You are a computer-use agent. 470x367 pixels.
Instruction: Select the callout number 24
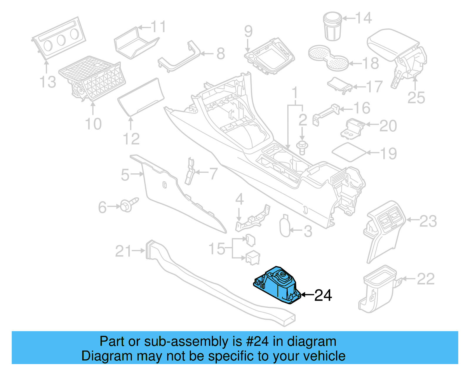(323, 295)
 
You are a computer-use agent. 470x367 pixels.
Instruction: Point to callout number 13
(48, 82)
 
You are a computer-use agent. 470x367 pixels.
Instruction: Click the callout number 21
(123, 251)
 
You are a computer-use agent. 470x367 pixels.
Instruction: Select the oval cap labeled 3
(285, 227)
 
